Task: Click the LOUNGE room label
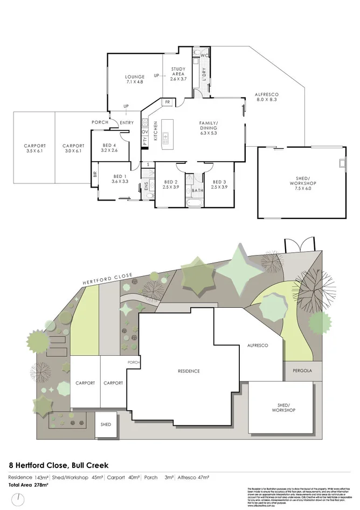coord(135,77)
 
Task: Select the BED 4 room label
coord(109,145)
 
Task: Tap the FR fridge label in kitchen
coord(168,101)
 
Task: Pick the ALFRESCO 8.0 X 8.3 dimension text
coord(266,100)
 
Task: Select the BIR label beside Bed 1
coord(95,174)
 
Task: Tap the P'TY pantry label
coord(145,141)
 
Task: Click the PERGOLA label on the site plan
coord(302,371)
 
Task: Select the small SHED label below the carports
coord(106,424)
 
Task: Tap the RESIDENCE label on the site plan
coord(189,371)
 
